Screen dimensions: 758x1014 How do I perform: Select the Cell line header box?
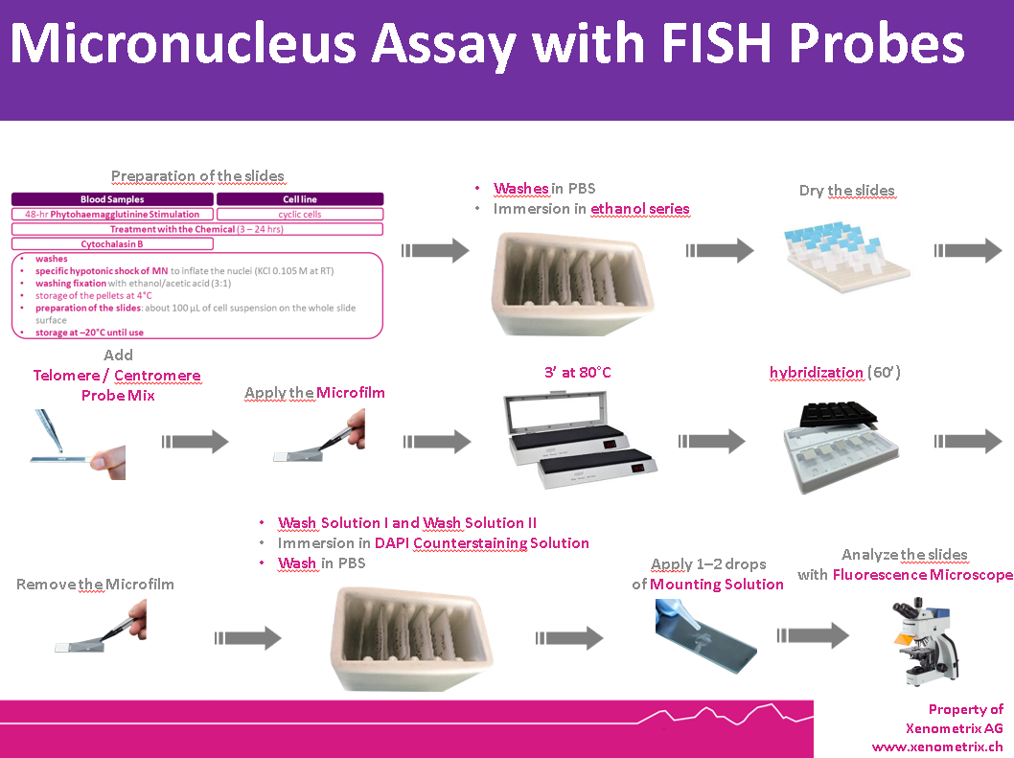pos(299,199)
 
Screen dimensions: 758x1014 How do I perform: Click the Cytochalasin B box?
pos(112,244)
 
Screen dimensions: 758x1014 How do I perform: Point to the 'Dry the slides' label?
pos(846,190)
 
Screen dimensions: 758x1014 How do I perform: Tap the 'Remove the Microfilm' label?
pos(95,584)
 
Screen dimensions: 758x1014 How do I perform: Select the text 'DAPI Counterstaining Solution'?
pos(481,543)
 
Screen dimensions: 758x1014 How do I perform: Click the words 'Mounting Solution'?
pos(717,584)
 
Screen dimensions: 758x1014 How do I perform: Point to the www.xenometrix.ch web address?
pos(936,746)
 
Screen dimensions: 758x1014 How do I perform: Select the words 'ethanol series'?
pos(639,208)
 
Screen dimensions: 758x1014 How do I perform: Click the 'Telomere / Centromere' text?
pos(118,375)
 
